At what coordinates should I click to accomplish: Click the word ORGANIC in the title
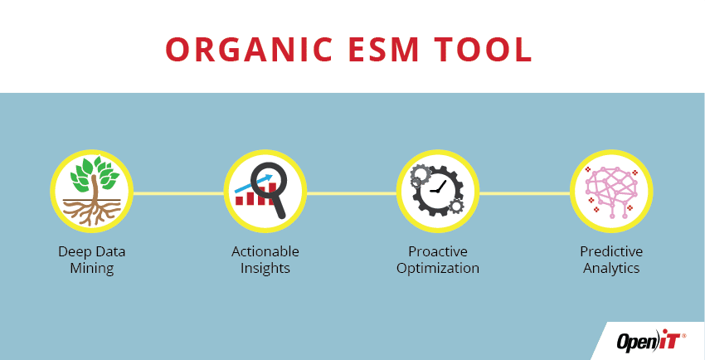coord(249,50)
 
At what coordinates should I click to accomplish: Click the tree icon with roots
coord(91,191)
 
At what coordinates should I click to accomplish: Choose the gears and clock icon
coord(437,191)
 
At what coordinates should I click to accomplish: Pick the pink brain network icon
coord(611,191)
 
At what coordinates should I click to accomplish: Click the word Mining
coord(92,268)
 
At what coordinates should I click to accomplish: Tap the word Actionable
coord(265,251)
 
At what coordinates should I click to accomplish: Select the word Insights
coord(265,268)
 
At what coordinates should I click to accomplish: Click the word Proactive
coord(438,251)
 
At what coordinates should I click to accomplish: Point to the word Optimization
coord(438,268)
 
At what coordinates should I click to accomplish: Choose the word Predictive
coord(611,251)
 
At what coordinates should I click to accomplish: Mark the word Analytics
coord(611,268)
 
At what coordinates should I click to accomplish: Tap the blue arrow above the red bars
coord(254,183)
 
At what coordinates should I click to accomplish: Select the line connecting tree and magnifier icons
coord(178,193)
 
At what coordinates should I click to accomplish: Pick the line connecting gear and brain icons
coord(525,193)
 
